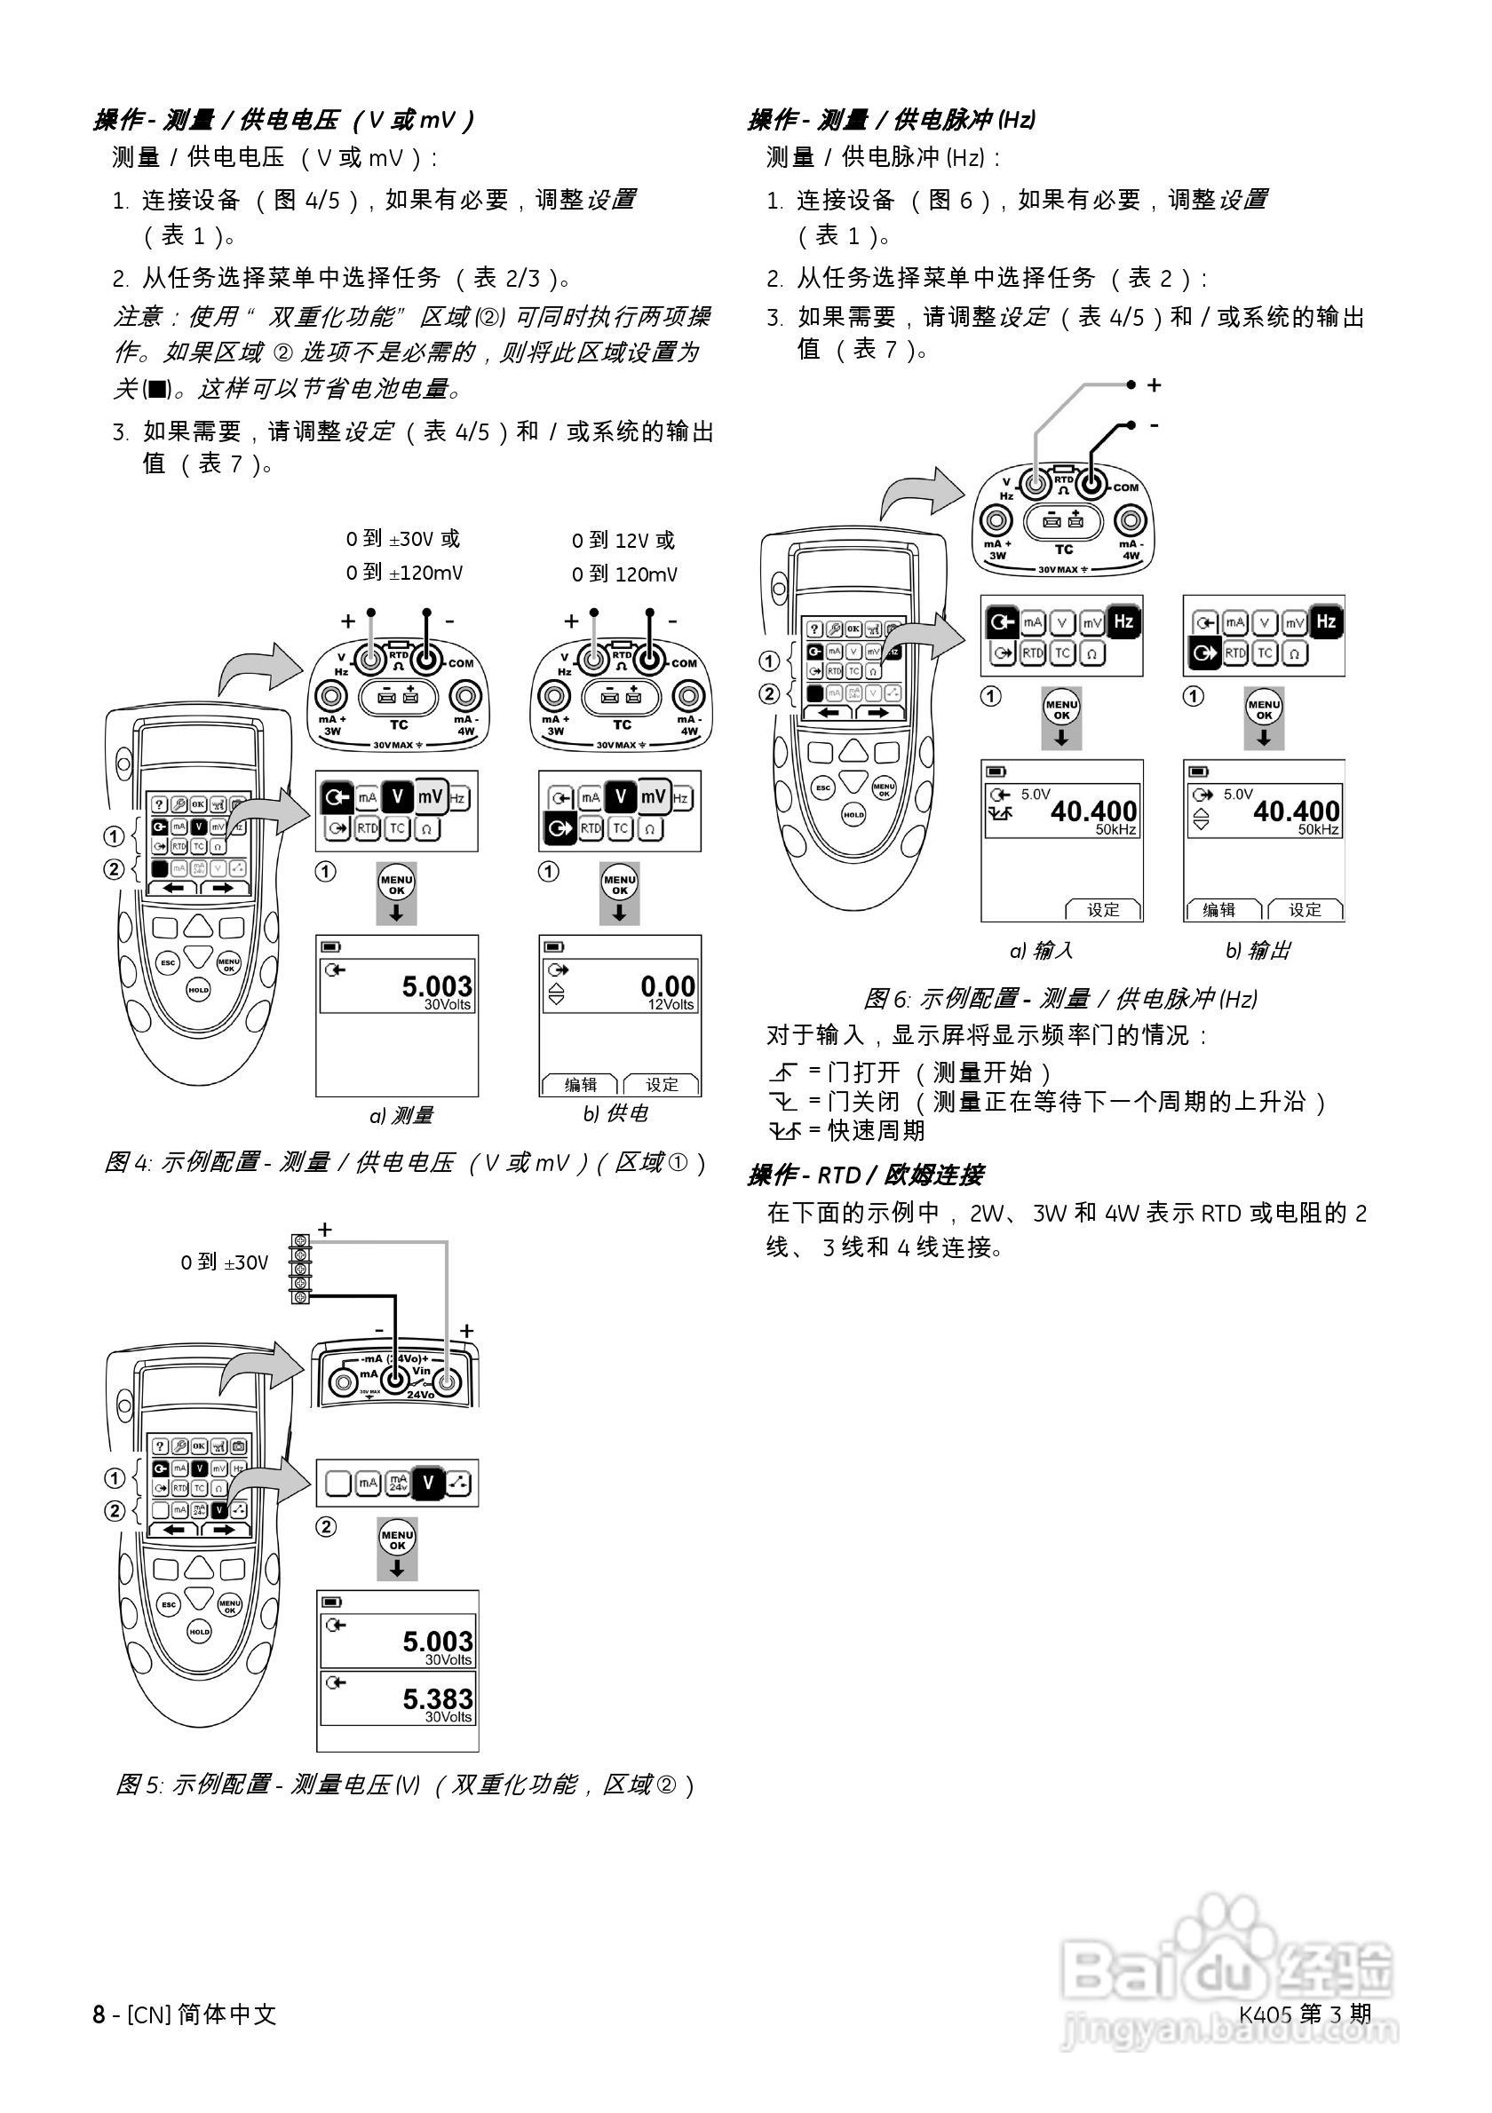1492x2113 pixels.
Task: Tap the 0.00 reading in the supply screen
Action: pos(667,986)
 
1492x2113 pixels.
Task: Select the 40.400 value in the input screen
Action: pos(1093,811)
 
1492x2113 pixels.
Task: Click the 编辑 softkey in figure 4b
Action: pos(581,1085)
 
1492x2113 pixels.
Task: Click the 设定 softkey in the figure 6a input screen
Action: pos(1103,910)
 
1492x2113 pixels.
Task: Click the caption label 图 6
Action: pos(886,999)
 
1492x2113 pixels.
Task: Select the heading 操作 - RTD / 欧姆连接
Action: pos(865,1175)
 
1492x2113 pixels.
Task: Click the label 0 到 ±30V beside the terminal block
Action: pos(225,1262)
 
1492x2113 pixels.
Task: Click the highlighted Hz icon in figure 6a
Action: pos(1123,622)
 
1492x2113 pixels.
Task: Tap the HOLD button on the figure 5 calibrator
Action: pos(199,1632)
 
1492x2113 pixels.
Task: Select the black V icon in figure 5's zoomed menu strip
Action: pos(427,1483)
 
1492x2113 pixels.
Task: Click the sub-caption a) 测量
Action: pos(401,1115)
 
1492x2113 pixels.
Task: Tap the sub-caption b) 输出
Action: pos(1258,951)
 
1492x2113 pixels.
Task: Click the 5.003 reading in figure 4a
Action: pos(436,986)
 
